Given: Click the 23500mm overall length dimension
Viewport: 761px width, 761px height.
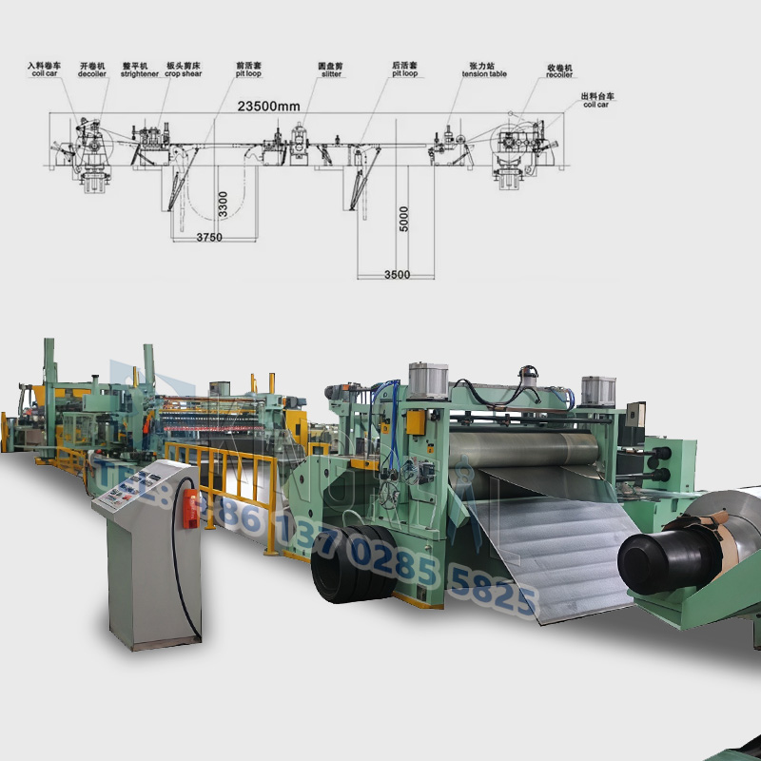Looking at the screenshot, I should pos(270,107).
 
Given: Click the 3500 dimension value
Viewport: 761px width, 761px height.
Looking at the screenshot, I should pos(397,275).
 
